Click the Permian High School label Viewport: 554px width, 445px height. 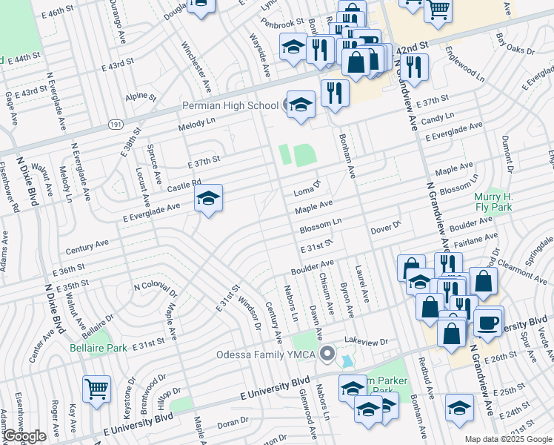pos(230,105)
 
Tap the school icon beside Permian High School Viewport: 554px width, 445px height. pos(301,105)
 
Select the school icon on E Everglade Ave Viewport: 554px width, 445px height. pos(208,198)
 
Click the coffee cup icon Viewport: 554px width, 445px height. pos(488,321)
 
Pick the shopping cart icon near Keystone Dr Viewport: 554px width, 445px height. pos(96,388)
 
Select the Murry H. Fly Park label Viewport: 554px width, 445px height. pos(493,202)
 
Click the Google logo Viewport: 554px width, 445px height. pos(24,436)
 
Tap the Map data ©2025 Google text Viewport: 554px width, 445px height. pos(508,439)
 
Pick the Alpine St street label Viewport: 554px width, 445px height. pos(141,96)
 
